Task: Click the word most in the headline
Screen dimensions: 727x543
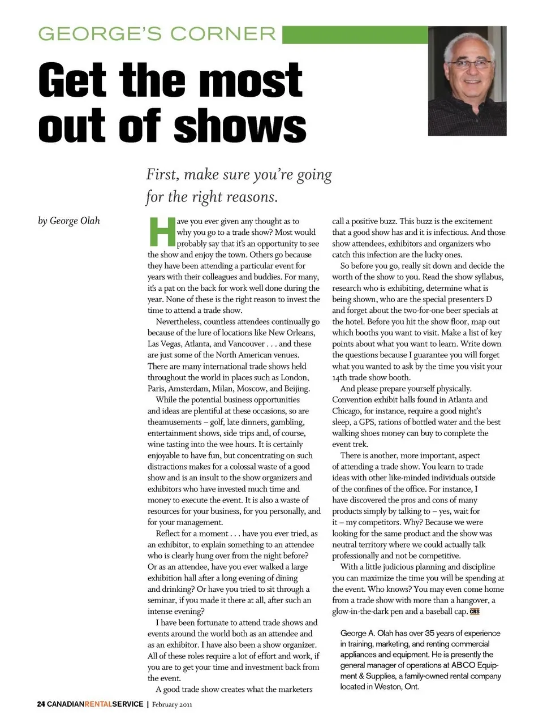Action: [x=251, y=80]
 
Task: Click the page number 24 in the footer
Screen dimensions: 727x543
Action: [x=41, y=704]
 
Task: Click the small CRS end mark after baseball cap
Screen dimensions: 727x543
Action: [x=475, y=612]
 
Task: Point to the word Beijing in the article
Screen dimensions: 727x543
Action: [x=297, y=389]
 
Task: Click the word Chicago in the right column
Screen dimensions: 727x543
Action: [x=346, y=411]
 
